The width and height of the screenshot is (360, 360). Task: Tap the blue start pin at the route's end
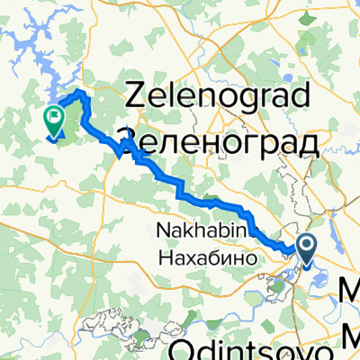tap(306, 247)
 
